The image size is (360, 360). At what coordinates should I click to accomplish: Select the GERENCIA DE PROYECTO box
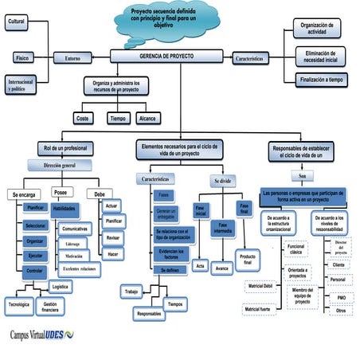pos(168,56)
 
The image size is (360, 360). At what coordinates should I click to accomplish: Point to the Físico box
pos(22,57)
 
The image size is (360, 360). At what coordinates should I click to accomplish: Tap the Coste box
pos(82,118)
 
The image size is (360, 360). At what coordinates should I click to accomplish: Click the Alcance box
pos(147,118)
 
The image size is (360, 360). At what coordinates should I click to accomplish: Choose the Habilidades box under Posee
pos(64,209)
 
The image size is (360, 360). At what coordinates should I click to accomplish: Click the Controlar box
pos(35,271)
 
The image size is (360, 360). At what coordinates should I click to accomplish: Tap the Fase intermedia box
pos(222,229)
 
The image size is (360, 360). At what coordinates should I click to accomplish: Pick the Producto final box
pos(248,260)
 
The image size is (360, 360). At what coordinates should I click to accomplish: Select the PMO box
pos(341,296)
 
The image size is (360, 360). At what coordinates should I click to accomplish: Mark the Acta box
pos(201,265)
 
